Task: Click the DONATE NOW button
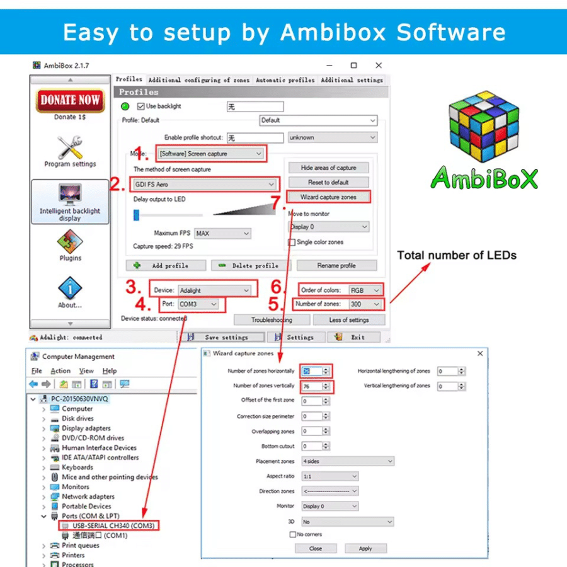[x=70, y=100]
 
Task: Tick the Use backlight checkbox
[x=142, y=106]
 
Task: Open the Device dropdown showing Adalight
[x=214, y=290]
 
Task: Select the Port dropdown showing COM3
[x=198, y=304]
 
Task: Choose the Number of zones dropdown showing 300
[x=365, y=304]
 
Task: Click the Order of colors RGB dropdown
[x=365, y=290]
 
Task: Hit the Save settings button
[x=220, y=337]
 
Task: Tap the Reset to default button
[x=328, y=182]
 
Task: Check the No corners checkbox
[x=292, y=534]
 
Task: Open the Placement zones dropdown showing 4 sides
[x=347, y=461]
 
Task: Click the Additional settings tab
[x=352, y=80]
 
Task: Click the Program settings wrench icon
[x=70, y=147]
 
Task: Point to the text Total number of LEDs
[x=457, y=255]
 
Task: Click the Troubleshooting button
[x=272, y=320]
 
